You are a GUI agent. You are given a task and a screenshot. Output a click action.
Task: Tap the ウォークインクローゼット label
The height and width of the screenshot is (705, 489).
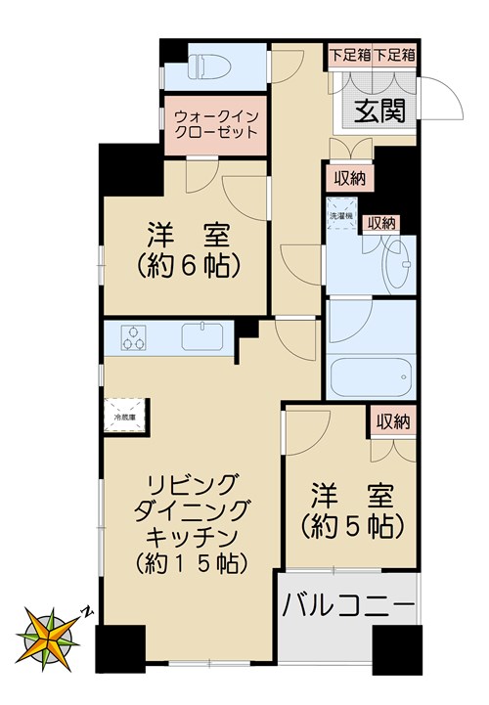pyautogui.click(x=215, y=123)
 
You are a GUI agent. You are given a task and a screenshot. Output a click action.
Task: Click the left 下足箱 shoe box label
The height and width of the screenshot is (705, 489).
pyautogui.click(x=349, y=55)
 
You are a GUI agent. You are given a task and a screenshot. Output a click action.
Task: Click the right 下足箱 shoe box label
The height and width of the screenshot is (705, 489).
pyautogui.click(x=395, y=55)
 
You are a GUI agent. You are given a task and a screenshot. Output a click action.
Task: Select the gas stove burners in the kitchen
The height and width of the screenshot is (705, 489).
pyautogui.click(x=133, y=339)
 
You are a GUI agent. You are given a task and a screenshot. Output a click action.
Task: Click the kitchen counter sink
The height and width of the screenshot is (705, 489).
pyautogui.click(x=204, y=338)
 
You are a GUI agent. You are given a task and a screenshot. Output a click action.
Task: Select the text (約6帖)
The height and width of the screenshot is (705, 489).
pyautogui.click(x=188, y=265)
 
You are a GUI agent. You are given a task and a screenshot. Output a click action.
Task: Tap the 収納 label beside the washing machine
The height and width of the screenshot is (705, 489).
pyautogui.click(x=381, y=224)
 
